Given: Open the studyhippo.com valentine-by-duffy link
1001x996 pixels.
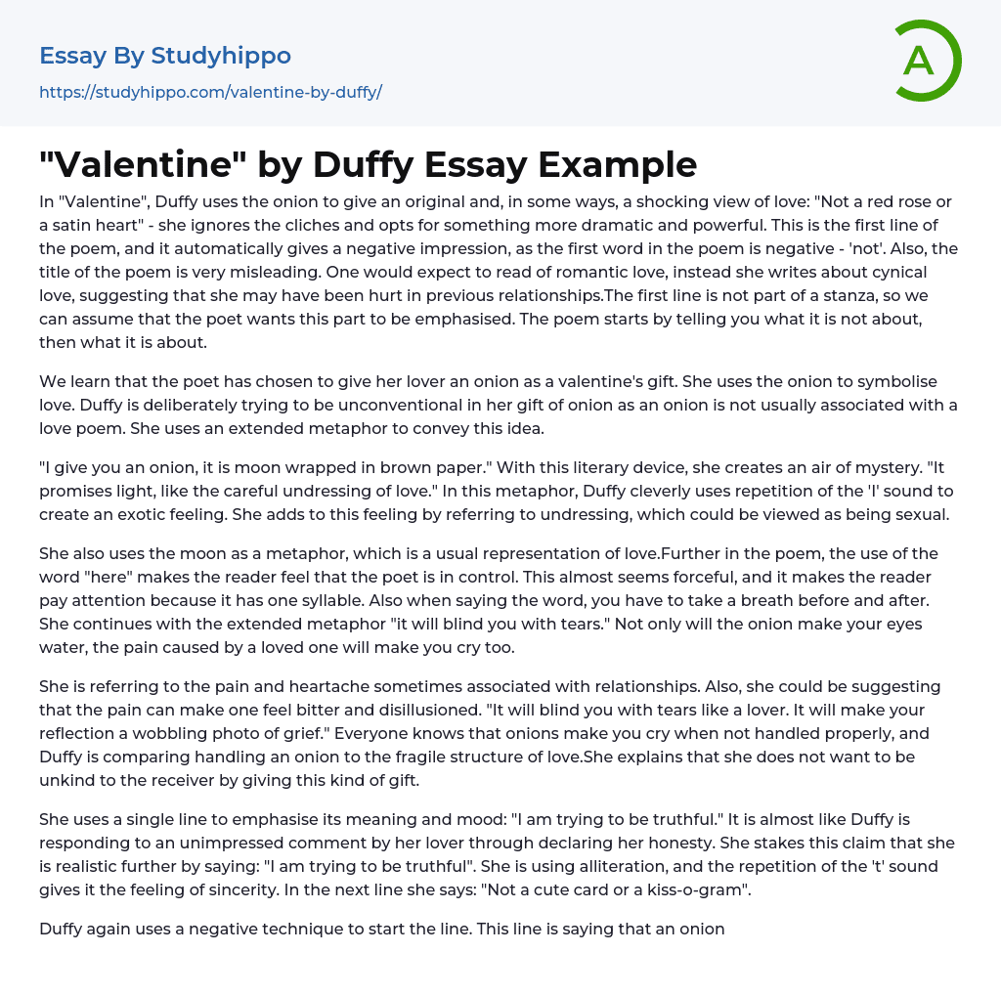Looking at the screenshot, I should [210, 92].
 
